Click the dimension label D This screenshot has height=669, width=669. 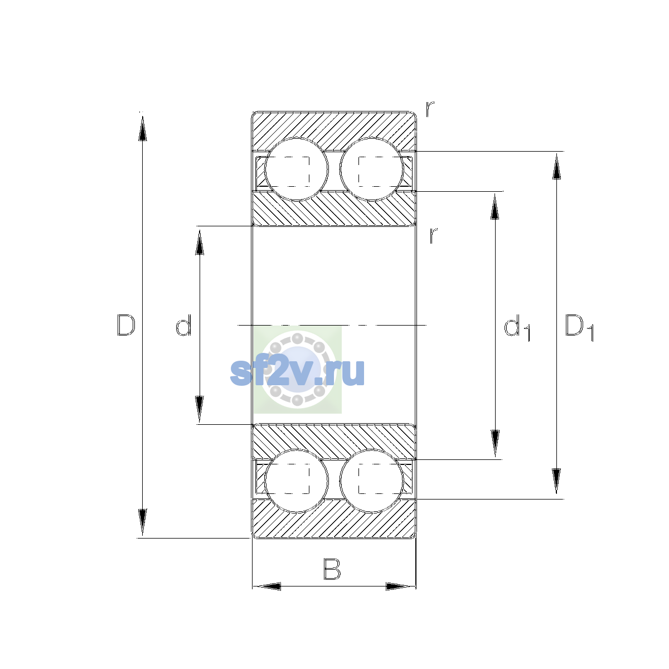[x=126, y=325]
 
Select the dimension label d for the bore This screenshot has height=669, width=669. [x=183, y=325]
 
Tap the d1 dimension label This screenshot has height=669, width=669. [x=517, y=327]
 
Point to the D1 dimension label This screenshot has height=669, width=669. [x=579, y=327]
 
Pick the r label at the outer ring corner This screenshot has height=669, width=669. [x=430, y=109]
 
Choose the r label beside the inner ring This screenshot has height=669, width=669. [x=433, y=235]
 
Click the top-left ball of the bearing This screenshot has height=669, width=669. [x=297, y=170]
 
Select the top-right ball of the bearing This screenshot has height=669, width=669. [x=372, y=169]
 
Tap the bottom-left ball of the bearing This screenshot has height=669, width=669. [x=297, y=481]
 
